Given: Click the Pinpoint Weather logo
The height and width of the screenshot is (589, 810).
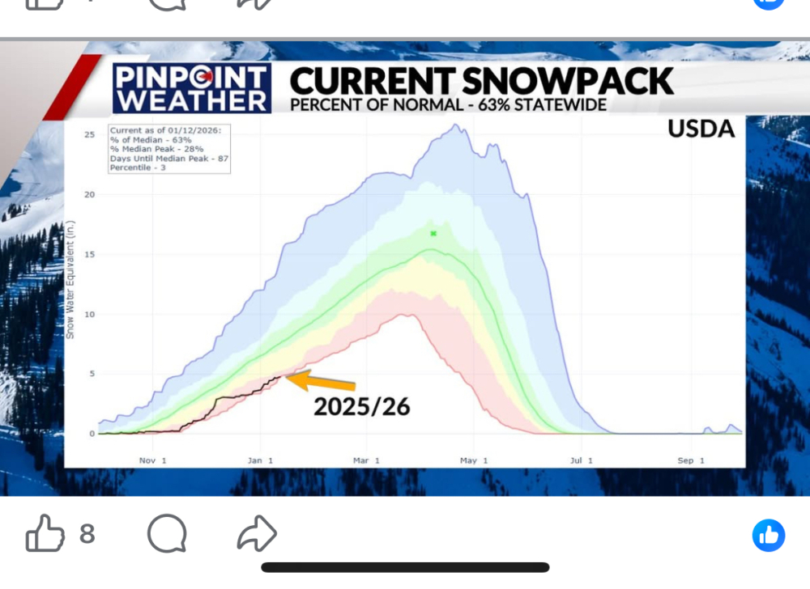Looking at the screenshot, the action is point(192,88).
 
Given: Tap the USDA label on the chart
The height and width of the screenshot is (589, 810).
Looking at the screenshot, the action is point(701,129).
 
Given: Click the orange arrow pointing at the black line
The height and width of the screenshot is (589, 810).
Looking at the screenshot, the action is point(320,380).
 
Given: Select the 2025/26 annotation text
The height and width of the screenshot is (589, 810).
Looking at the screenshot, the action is point(361,406).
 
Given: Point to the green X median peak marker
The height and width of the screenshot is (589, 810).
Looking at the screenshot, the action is point(433,234).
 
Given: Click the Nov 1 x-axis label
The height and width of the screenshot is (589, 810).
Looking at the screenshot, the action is point(153,460).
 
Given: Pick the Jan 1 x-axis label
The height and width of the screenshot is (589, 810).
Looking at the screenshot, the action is point(260,460).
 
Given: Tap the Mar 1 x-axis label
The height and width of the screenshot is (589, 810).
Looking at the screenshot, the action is point(367,460).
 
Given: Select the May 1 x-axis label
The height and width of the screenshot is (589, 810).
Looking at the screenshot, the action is point(474,460).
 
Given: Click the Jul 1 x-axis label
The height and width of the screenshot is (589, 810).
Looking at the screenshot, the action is point(581,460).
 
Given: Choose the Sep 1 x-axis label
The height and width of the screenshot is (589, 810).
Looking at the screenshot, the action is point(691,460).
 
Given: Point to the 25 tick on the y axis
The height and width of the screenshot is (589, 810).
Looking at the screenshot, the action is point(90,134).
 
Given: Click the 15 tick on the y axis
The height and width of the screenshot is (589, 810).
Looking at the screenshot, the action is point(90,254).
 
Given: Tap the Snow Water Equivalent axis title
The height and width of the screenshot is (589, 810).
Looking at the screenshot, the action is point(70,280).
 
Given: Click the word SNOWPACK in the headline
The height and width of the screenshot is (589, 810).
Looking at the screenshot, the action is point(568,81).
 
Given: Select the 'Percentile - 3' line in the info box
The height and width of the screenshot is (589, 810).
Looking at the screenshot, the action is point(138,167).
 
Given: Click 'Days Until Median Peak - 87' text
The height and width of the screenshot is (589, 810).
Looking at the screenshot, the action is point(169,159).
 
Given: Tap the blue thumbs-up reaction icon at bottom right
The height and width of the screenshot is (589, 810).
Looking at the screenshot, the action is point(769,536).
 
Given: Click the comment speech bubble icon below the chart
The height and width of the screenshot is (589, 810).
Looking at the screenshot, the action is point(167,533).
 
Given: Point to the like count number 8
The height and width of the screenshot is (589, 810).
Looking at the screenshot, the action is point(87,534).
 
